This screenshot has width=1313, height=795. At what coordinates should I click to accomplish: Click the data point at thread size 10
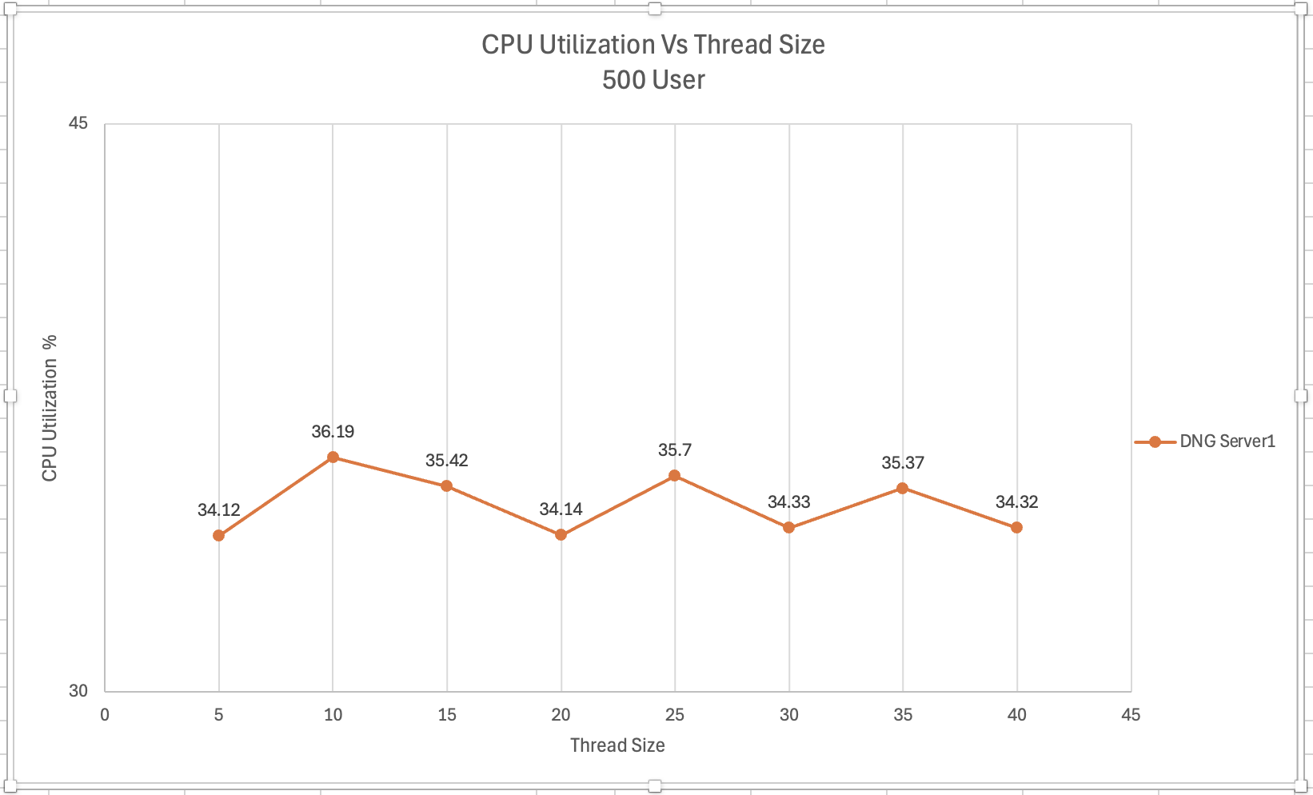[333, 457]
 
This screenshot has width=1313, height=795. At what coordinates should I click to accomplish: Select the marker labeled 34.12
[218, 535]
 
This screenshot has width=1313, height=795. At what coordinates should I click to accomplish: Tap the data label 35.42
[446, 461]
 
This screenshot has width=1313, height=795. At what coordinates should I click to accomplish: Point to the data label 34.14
[561, 509]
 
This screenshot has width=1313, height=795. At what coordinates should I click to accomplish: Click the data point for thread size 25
[675, 476]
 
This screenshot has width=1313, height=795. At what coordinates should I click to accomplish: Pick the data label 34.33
[788, 502]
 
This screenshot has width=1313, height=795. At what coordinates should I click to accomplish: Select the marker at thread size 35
[903, 488]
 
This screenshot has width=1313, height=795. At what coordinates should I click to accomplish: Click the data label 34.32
[1016, 502]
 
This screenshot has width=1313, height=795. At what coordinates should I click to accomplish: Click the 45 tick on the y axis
[78, 123]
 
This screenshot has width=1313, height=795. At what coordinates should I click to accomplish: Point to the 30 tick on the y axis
[78, 690]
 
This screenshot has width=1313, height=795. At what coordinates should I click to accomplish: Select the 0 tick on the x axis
[105, 715]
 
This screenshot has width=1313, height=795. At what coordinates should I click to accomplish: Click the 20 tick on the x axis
[561, 715]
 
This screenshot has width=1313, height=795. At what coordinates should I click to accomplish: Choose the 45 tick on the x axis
[1130, 715]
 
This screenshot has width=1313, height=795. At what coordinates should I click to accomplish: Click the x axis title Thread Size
[617, 745]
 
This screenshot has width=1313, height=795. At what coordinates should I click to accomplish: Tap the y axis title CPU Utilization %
[50, 408]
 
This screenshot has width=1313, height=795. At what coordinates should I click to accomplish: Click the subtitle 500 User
[653, 80]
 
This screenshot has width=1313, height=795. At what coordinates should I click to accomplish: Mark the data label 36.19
[333, 432]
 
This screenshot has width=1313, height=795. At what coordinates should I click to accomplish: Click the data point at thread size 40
[1016, 528]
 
